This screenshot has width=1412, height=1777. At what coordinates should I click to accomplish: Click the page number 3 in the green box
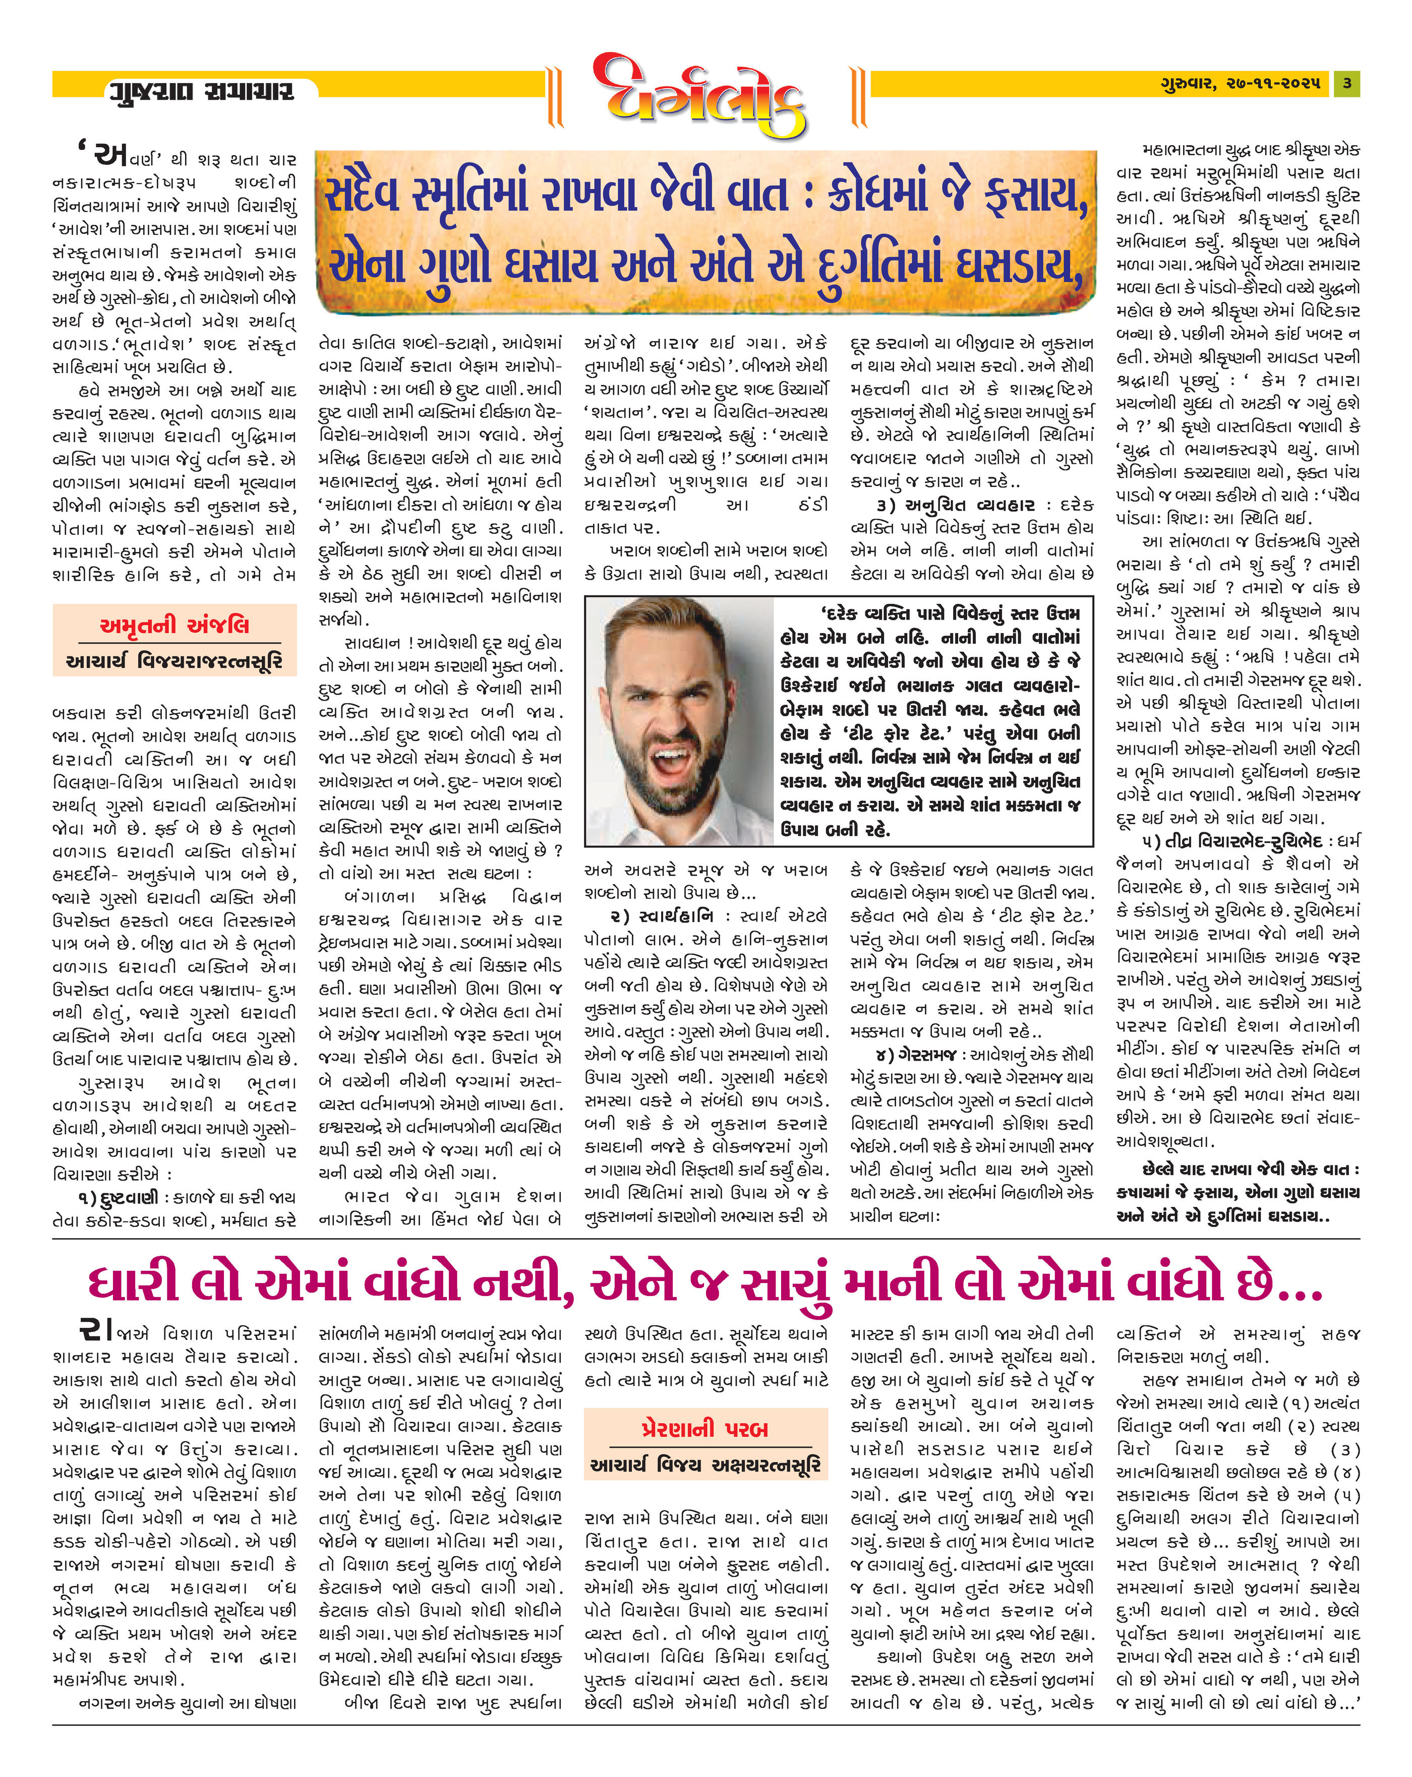(x=1346, y=83)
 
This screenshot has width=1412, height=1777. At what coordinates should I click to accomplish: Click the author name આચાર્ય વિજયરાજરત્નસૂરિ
(x=174, y=661)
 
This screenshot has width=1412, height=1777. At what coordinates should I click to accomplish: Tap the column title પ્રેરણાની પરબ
(x=705, y=1428)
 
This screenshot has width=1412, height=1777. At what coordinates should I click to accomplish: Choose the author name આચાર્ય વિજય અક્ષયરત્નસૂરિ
(x=705, y=1464)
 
